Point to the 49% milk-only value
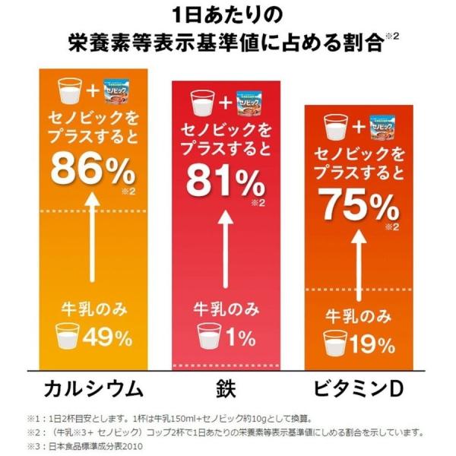tap(106, 335)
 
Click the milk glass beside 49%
tap(68, 335)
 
